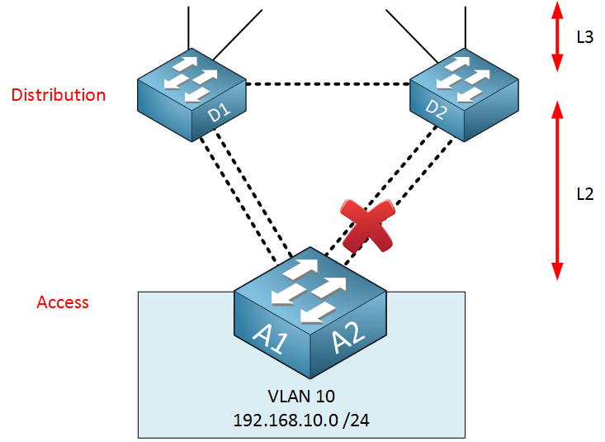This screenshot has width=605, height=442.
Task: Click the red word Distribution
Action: coord(59,95)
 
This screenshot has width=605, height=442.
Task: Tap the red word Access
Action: coord(63,302)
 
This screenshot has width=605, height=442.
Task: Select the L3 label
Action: coord(584,37)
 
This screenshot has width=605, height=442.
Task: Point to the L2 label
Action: coord(585,194)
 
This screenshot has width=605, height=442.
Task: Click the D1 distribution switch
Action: coord(191,95)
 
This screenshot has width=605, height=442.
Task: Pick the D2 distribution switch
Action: coord(464,95)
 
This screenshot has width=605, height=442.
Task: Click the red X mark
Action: coord(368,226)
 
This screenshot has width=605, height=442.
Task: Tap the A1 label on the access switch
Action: coord(271,339)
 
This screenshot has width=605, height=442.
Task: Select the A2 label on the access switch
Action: coord(348,337)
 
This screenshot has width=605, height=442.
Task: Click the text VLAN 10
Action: coord(301,397)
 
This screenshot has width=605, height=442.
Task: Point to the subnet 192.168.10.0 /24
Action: coord(301,421)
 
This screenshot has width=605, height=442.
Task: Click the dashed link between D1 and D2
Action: coord(328,83)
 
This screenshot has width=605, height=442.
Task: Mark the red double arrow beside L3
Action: coord(557,36)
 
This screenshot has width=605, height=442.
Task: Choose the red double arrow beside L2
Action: coord(557,191)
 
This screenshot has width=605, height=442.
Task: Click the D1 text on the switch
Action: coord(220,112)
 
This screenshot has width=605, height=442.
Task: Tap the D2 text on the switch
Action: coord(437,109)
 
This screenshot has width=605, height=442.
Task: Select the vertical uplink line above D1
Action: coord(188,28)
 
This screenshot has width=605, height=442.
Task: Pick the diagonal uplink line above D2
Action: coord(412,36)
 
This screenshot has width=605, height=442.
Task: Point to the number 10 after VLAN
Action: coord(324,397)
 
